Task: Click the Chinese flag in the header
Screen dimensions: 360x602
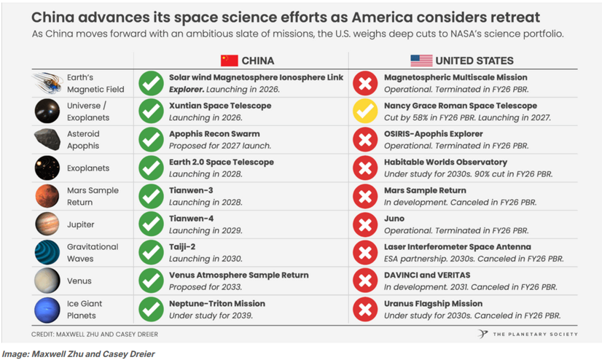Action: (x=230, y=60)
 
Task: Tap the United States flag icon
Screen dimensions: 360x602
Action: (x=421, y=60)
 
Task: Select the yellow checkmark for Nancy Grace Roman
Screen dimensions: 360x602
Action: (x=364, y=111)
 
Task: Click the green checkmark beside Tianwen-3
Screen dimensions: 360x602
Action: (x=151, y=196)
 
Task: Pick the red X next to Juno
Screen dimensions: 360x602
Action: (x=364, y=224)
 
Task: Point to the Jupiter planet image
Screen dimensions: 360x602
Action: (x=47, y=224)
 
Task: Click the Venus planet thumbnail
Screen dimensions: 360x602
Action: (x=47, y=281)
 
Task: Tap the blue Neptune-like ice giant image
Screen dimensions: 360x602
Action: (x=47, y=309)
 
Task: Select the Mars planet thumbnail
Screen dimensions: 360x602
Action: (x=47, y=196)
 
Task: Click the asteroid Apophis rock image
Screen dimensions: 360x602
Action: (x=47, y=139)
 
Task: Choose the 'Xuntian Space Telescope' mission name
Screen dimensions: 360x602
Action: (x=220, y=106)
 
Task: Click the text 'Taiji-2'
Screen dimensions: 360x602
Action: (x=182, y=247)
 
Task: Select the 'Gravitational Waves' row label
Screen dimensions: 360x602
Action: (x=92, y=252)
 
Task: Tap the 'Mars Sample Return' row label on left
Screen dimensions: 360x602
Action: (x=92, y=196)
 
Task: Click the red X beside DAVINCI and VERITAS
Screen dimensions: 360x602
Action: (x=364, y=281)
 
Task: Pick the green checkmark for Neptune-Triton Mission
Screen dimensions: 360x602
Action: (x=151, y=309)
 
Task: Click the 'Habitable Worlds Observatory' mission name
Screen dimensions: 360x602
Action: (x=445, y=162)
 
